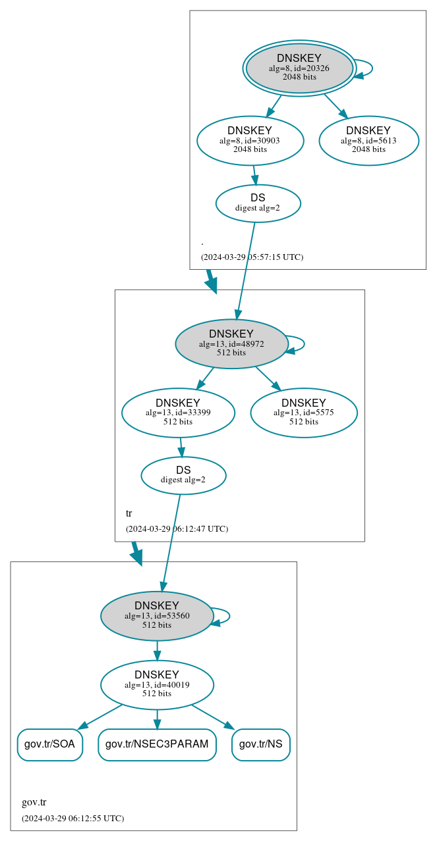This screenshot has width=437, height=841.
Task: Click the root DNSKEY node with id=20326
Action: (x=299, y=68)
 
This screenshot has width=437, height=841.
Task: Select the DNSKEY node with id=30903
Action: (x=250, y=140)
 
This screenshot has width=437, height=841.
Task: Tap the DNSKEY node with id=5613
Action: (x=368, y=140)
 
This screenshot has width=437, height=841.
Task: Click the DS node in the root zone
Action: (x=258, y=203)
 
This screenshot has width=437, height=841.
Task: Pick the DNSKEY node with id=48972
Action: (x=231, y=344)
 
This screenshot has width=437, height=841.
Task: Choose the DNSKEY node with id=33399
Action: (x=178, y=413)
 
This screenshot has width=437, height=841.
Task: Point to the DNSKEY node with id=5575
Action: (x=303, y=413)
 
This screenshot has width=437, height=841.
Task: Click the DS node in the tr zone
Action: (x=183, y=475)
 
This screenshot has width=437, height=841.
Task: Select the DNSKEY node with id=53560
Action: (x=157, y=615)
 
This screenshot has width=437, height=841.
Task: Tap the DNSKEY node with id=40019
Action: (x=157, y=684)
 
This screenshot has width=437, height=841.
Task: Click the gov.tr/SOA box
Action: (x=49, y=744)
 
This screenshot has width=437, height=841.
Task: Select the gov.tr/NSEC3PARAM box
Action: (x=157, y=744)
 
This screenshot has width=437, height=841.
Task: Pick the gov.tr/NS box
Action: (x=260, y=744)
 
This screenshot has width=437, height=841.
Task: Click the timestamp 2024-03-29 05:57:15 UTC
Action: (x=252, y=257)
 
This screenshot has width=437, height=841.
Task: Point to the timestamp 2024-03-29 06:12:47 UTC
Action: (x=177, y=528)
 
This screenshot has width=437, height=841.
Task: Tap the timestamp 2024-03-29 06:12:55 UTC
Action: (x=73, y=818)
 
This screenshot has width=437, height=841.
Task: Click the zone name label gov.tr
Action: (x=34, y=802)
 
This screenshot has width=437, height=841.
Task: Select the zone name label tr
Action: (x=129, y=513)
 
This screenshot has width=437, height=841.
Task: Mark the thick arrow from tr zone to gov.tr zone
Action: (x=136, y=553)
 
